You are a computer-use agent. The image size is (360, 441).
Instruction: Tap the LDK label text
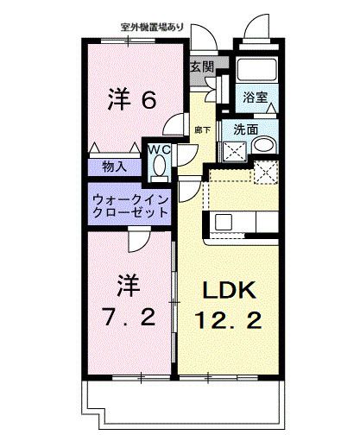(x=229, y=290)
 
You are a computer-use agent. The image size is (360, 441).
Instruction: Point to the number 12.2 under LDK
(x=229, y=320)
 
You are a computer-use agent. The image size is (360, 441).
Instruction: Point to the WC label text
(x=160, y=148)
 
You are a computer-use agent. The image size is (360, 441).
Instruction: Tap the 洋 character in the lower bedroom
(x=129, y=282)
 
